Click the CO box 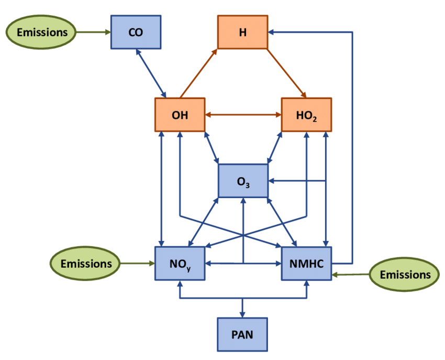(x=136, y=32)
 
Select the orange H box (x=242, y=32)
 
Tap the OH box (x=180, y=114)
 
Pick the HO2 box (x=306, y=114)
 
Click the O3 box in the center (x=243, y=181)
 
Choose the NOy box (x=180, y=263)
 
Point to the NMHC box (x=306, y=263)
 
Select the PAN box (x=242, y=334)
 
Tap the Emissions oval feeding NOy (x=85, y=263)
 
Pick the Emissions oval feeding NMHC (x=405, y=274)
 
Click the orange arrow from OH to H (x=198, y=73)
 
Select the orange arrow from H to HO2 (x=287, y=73)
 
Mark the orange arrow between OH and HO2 (x=243, y=114)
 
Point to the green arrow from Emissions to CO (x=93, y=32)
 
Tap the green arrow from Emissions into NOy (x=137, y=263)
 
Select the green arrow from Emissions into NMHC (x=351, y=274)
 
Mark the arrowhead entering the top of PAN (x=242, y=314)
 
